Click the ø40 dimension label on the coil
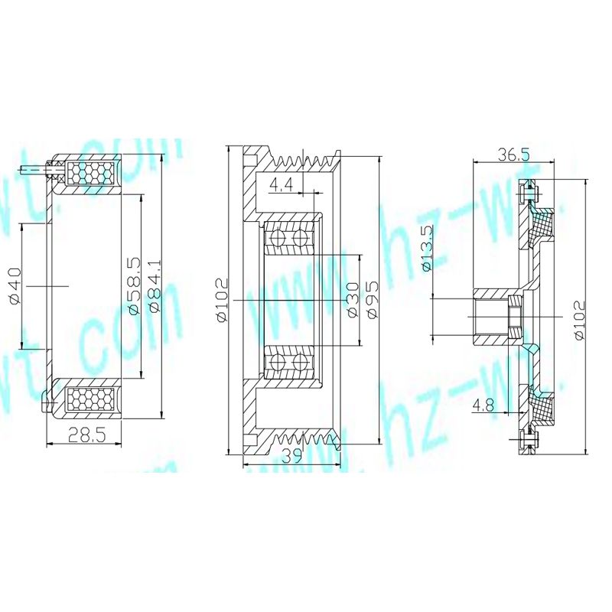tap(15, 285)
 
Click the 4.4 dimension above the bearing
tap(281, 184)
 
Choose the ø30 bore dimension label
tap(352, 301)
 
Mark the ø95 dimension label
tap(373, 301)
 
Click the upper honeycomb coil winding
tap(91, 173)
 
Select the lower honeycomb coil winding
tap(91, 399)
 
